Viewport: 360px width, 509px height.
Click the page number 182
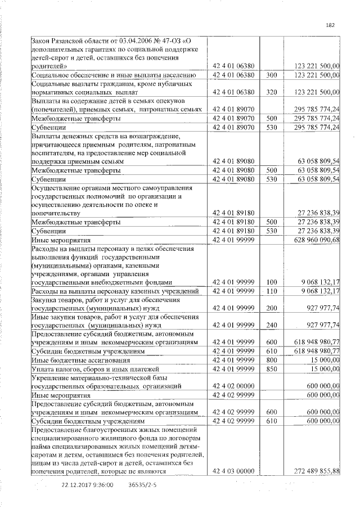click(330, 25)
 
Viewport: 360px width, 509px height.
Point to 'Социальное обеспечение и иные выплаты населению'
click(113, 74)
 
